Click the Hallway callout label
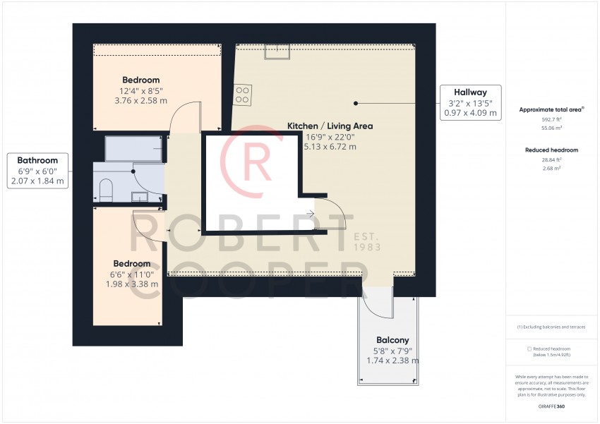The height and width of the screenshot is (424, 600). pyautogui.click(x=471, y=92)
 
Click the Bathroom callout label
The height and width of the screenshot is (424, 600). pyautogui.click(x=37, y=160)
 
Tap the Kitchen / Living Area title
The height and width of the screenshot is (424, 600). pyautogui.click(x=330, y=126)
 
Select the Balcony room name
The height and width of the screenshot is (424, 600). pyautogui.click(x=392, y=340)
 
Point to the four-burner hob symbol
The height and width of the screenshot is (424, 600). pyautogui.click(x=242, y=95)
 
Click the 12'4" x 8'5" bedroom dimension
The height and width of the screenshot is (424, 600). pyautogui.click(x=140, y=91)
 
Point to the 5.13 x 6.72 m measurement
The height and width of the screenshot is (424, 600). pyautogui.click(x=330, y=147)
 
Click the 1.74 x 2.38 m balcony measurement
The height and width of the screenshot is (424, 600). pyautogui.click(x=392, y=361)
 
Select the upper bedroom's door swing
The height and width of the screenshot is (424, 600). pyautogui.click(x=186, y=116)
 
